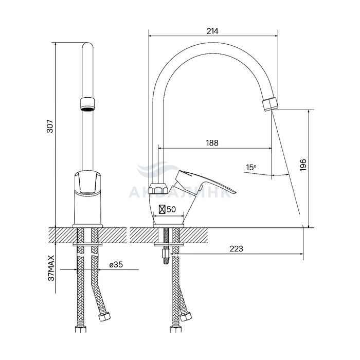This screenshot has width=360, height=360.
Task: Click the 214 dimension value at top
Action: pyautogui.click(x=212, y=31)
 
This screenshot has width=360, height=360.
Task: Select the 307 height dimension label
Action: pyautogui.click(x=50, y=126)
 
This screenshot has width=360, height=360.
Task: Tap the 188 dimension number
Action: pyautogui.click(x=212, y=143)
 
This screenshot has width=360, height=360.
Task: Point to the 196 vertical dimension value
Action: pyautogui.click(x=303, y=165)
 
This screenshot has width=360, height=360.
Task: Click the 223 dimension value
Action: pyautogui.click(x=236, y=248)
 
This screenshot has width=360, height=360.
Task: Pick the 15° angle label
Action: pyautogui.click(x=251, y=167)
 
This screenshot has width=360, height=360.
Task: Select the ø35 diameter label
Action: pyautogui.click(x=116, y=265)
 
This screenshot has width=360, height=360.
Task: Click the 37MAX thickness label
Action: pyautogui.click(x=51, y=268)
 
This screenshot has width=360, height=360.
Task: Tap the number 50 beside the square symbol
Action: pyautogui.click(x=171, y=209)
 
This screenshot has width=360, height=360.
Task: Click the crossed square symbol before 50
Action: pyautogui.click(x=162, y=209)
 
